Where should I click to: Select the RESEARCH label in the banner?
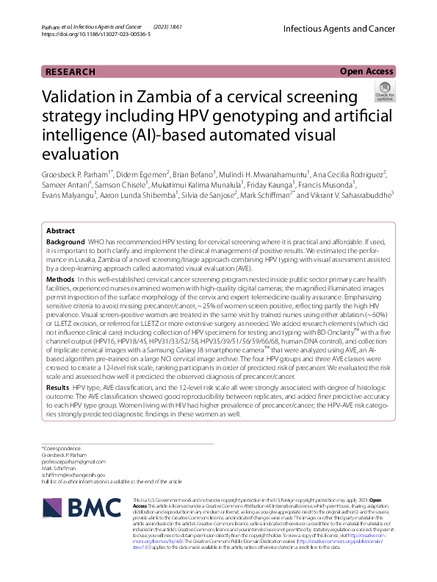tap(71, 72)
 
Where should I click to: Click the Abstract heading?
tap(61, 230)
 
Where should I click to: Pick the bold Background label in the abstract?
tap(65, 241)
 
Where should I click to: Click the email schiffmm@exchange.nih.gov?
tap(73, 475)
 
